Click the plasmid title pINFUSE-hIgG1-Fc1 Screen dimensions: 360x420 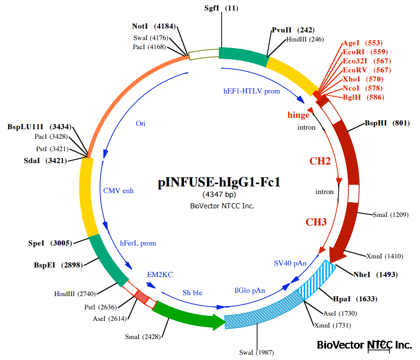point(219,183)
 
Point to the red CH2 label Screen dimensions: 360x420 point(320,161)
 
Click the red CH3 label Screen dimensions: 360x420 point(316,222)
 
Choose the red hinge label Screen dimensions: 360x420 point(298,115)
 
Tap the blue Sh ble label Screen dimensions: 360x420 point(193,292)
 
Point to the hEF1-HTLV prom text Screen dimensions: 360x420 point(252,91)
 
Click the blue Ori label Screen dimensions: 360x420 point(141,123)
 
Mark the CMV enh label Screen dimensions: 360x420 point(119,191)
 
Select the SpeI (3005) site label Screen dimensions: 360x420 point(50,243)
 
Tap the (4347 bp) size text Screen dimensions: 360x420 point(219,195)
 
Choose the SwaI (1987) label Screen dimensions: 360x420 point(256,352)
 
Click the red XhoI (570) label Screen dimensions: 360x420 point(363,79)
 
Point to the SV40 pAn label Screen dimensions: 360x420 point(290,263)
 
